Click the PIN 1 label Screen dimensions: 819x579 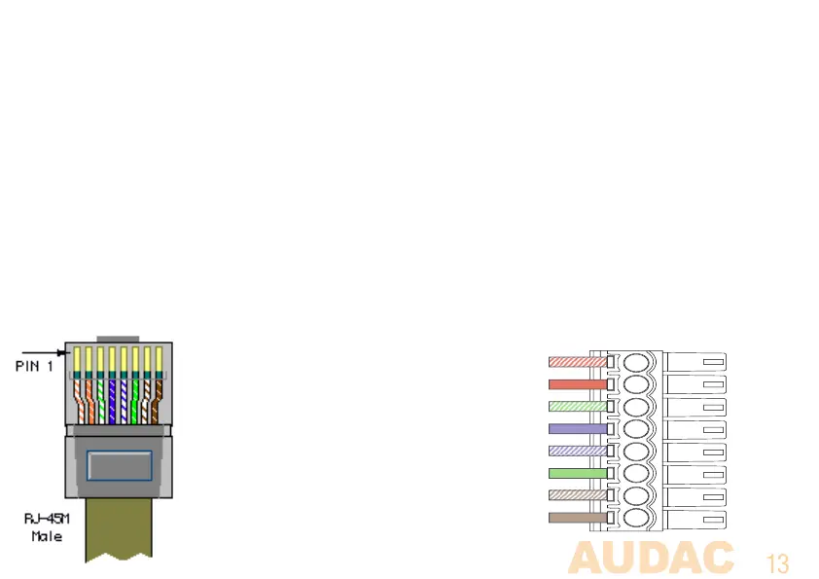pos(34,367)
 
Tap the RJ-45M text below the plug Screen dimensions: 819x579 pos(46,519)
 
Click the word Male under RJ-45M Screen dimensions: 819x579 pos(46,535)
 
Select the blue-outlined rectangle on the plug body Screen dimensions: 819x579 pos(119,464)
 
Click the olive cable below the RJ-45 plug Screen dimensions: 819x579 pos(118,530)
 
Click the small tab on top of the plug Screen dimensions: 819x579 pos(118,339)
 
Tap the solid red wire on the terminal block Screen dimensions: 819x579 pos(578,384)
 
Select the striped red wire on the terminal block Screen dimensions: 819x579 pos(578,362)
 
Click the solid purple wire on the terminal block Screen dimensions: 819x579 pos(578,428)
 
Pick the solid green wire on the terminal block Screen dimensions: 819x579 pos(578,474)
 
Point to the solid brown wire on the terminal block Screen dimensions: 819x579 pos(578,519)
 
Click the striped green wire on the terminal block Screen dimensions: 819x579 pos(578,407)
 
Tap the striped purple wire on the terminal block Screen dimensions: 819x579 pos(578,452)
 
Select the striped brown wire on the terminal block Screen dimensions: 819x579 pos(578,496)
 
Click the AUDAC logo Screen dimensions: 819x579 pos(651,559)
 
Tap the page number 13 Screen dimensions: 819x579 pos(777,563)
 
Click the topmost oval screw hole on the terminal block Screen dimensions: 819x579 pos(637,362)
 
